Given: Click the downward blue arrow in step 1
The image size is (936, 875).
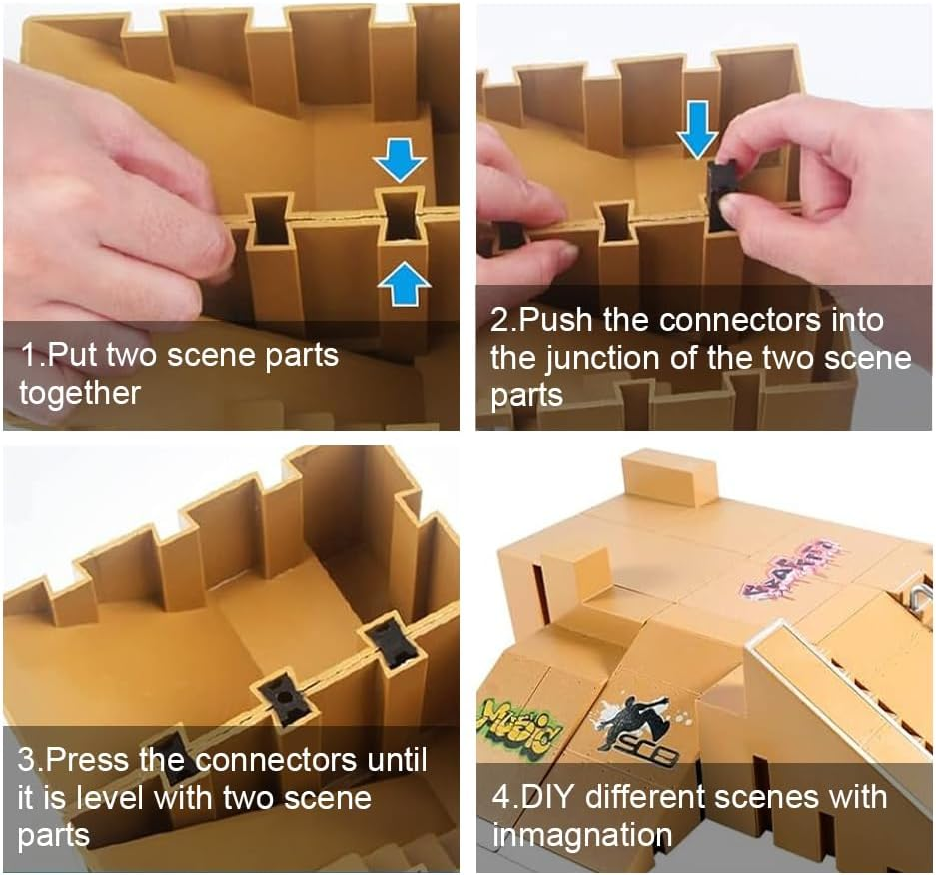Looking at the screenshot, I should [x=399, y=158].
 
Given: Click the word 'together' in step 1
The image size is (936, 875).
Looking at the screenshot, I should [x=79, y=393].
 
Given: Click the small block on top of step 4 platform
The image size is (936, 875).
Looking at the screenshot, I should [x=669, y=476].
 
